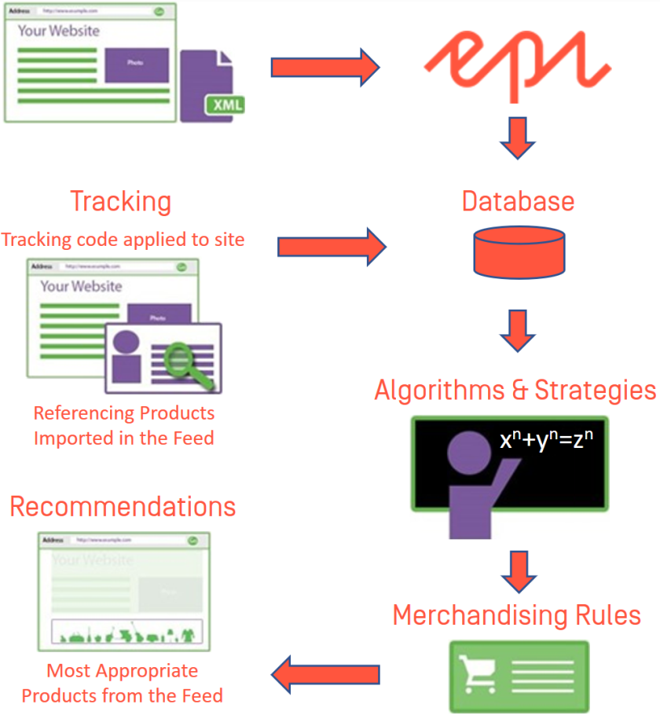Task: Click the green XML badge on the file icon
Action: point(225,105)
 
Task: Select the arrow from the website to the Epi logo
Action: point(324,67)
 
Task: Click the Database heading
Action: point(518,201)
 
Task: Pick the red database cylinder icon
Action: point(519,251)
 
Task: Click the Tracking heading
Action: point(120,201)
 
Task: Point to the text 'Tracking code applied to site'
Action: point(123,239)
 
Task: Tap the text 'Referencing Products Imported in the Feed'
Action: point(123,425)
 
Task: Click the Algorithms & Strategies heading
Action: point(515,390)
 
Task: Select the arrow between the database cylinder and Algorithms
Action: point(517,330)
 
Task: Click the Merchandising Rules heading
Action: point(516,614)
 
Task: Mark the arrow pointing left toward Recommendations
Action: point(325,673)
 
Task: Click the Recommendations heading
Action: point(123,507)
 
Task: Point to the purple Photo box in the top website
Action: point(137,64)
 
